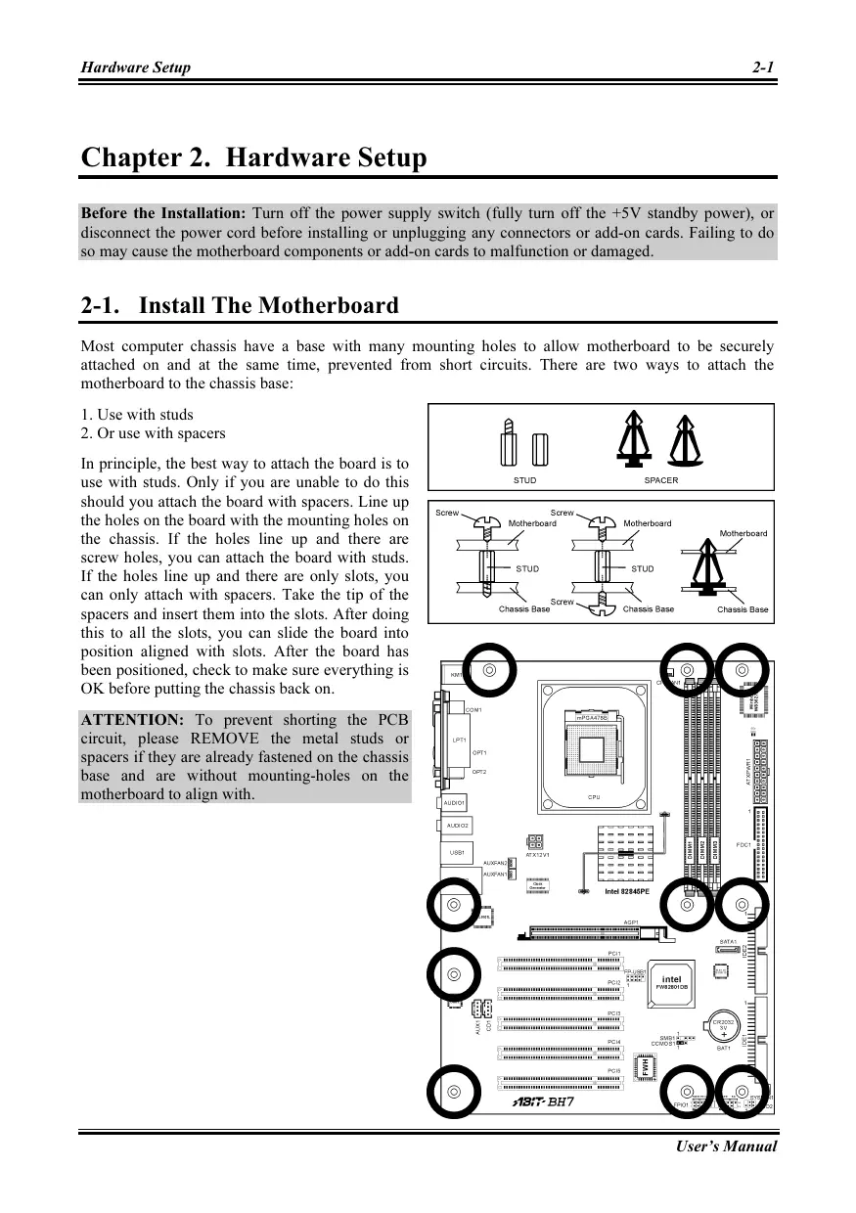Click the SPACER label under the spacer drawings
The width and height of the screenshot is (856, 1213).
coord(660,480)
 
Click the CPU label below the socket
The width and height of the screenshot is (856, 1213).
coord(594,797)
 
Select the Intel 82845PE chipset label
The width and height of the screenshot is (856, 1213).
coord(633,891)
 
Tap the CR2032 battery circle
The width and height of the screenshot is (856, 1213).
coord(724,1023)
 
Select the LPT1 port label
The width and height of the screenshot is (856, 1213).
coord(459,741)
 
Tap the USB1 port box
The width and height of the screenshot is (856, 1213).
coord(457,853)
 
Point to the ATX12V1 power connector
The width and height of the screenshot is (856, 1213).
coord(536,842)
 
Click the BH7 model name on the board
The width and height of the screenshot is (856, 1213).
coord(560,1102)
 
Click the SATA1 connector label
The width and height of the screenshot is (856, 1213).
coord(729,939)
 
